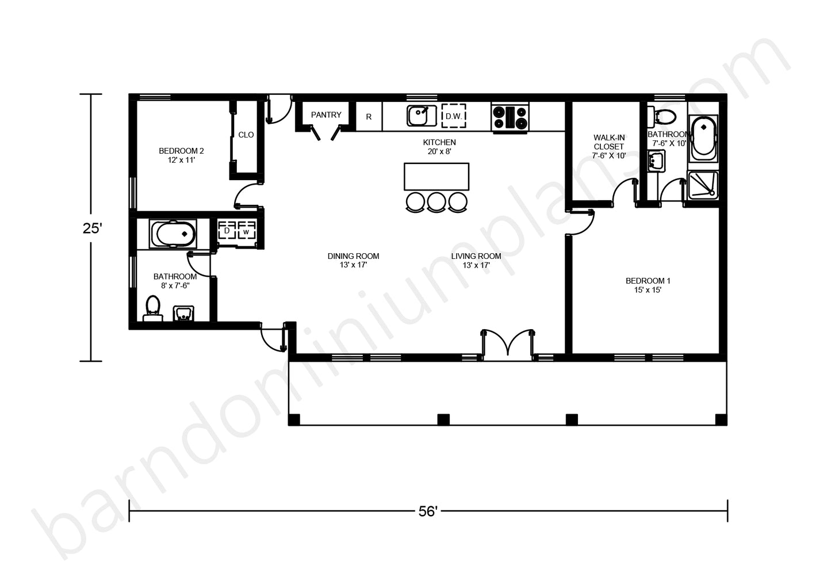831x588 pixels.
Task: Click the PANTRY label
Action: pyautogui.click(x=326, y=114)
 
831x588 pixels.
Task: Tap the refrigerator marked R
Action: pyautogui.click(x=369, y=117)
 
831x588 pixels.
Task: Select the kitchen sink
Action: pyautogui.click(x=422, y=116)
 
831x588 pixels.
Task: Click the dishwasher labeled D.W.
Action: pyautogui.click(x=454, y=116)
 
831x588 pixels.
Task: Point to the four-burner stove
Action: pyautogui.click(x=510, y=117)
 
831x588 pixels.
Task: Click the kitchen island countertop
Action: pyautogui.click(x=436, y=177)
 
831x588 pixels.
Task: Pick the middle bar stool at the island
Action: pyautogui.click(x=436, y=203)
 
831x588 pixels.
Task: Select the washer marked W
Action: pyautogui.click(x=246, y=232)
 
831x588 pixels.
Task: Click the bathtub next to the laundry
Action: pyautogui.click(x=173, y=234)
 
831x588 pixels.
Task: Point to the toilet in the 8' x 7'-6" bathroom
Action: pyautogui.click(x=153, y=309)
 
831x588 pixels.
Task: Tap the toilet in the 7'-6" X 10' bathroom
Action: pyautogui.click(x=662, y=117)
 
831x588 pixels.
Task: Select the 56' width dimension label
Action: pyautogui.click(x=428, y=511)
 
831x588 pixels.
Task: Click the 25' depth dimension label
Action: pyautogui.click(x=92, y=228)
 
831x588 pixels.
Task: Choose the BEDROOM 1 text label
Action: pyautogui.click(x=648, y=281)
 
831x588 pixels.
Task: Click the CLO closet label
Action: pyautogui.click(x=246, y=135)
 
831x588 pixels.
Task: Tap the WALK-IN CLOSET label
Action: pyautogui.click(x=609, y=142)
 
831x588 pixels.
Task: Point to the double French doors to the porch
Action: pyautogui.click(x=507, y=345)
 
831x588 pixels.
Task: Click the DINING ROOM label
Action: pyautogui.click(x=353, y=256)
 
